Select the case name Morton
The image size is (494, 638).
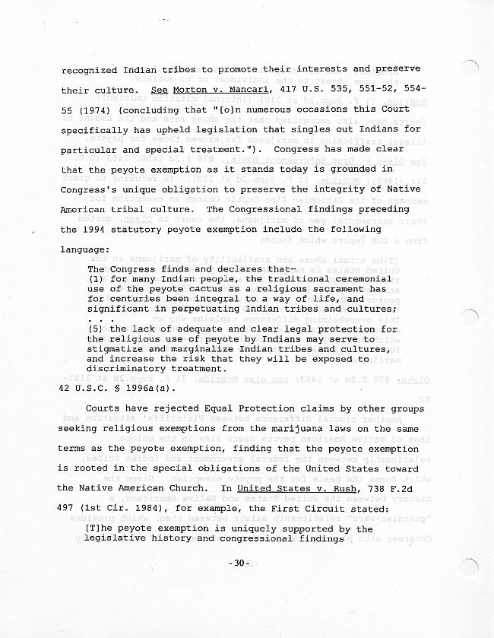(190, 90)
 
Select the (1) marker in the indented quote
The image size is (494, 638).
(97, 279)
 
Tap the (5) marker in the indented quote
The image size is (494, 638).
(97, 329)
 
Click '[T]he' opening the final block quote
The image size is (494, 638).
(103, 528)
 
